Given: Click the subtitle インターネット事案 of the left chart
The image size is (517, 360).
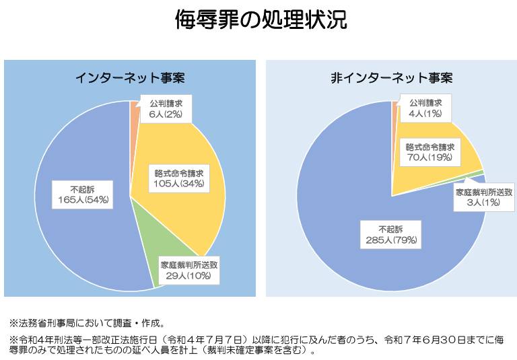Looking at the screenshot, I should click(x=130, y=77).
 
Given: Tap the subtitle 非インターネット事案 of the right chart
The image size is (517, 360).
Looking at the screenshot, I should click(x=391, y=77).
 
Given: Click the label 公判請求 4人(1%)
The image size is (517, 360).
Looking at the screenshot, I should click(x=425, y=108).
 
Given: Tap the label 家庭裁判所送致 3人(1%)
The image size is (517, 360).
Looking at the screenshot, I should click(x=484, y=198).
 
